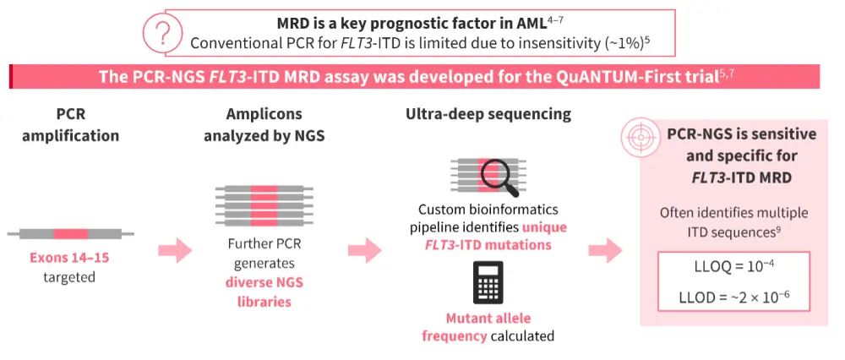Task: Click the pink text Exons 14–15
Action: pyautogui.click(x=69, y=258)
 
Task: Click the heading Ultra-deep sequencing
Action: pyautogui.click(x=488, y=113)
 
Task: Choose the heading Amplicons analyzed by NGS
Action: pyautogui.click(x=263, y=124)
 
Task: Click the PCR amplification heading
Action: pyautogui.click(x=69, y=124)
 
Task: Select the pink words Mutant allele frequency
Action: pyautogui.click(x=488, y=327)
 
